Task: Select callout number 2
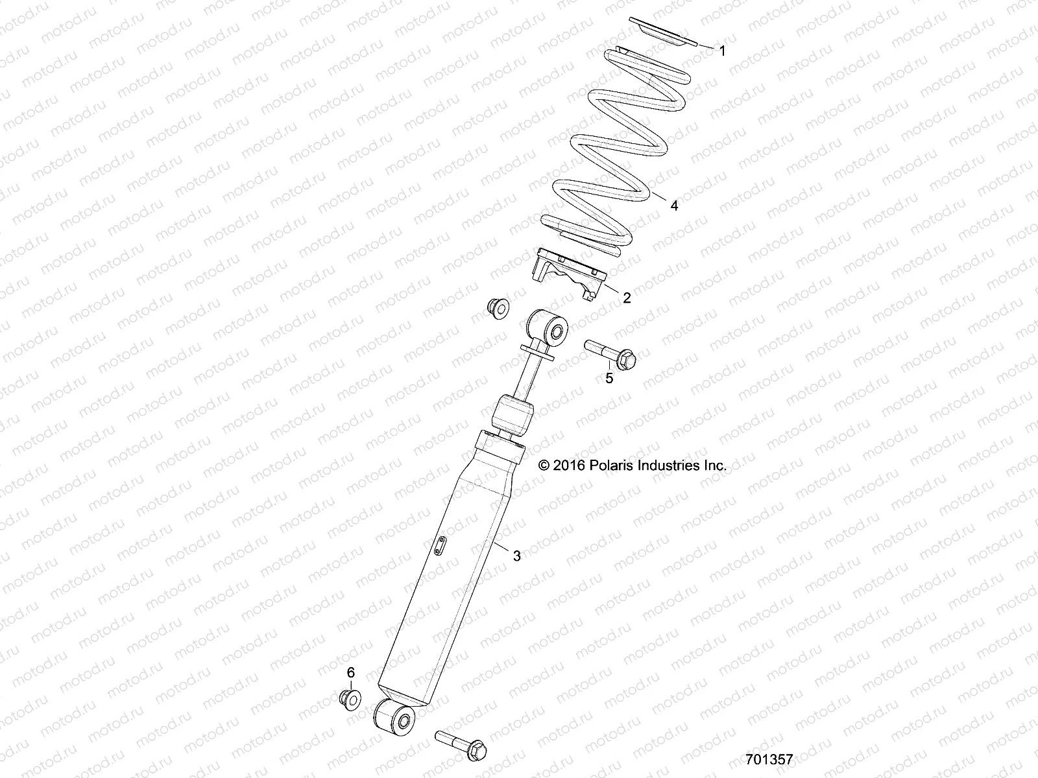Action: coord(627,298)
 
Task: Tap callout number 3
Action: coord(516,555)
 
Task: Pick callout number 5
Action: coord(609,378)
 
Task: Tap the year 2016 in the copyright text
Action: coord(570,466)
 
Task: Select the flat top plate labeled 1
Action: coord(663,31)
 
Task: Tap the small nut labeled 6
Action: coord(350,698)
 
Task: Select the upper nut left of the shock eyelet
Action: coord(498,308)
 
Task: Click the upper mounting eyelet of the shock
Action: coord(548,327)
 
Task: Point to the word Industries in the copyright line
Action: coord(669,466)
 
